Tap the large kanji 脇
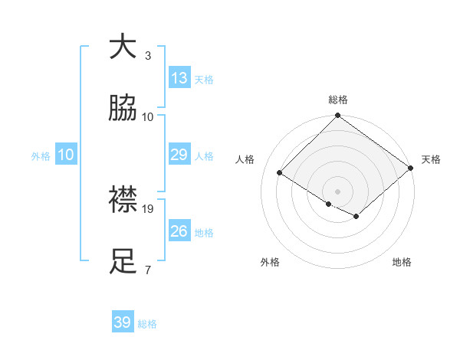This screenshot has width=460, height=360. tap(123, 109)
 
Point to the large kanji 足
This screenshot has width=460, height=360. tap(123, 261)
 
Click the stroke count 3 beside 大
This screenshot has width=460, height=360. tap(148, 56)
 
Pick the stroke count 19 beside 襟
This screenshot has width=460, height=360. tap(149, 208)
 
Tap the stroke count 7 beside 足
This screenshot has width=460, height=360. tap(148, 270)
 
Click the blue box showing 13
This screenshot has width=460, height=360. tap(179, 78)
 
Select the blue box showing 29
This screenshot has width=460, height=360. tap(179, 155)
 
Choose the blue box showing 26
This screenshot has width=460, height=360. tap(179, 231)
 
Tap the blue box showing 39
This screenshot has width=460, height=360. tap(123, 322)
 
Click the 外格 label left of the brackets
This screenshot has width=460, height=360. tap(41, 155)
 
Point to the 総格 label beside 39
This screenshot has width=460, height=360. tap(147, 324)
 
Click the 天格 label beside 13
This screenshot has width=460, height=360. tap(204, 80)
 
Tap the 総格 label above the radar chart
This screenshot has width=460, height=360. tap(338, 100)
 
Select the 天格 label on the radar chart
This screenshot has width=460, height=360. tap(431, 159)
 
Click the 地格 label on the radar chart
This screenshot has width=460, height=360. tap(402, 262)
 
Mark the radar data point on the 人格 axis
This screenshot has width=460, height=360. tap(280, 173)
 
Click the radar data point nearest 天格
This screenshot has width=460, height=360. tap(411, 169)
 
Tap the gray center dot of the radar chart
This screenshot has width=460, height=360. tap(337, 191)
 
